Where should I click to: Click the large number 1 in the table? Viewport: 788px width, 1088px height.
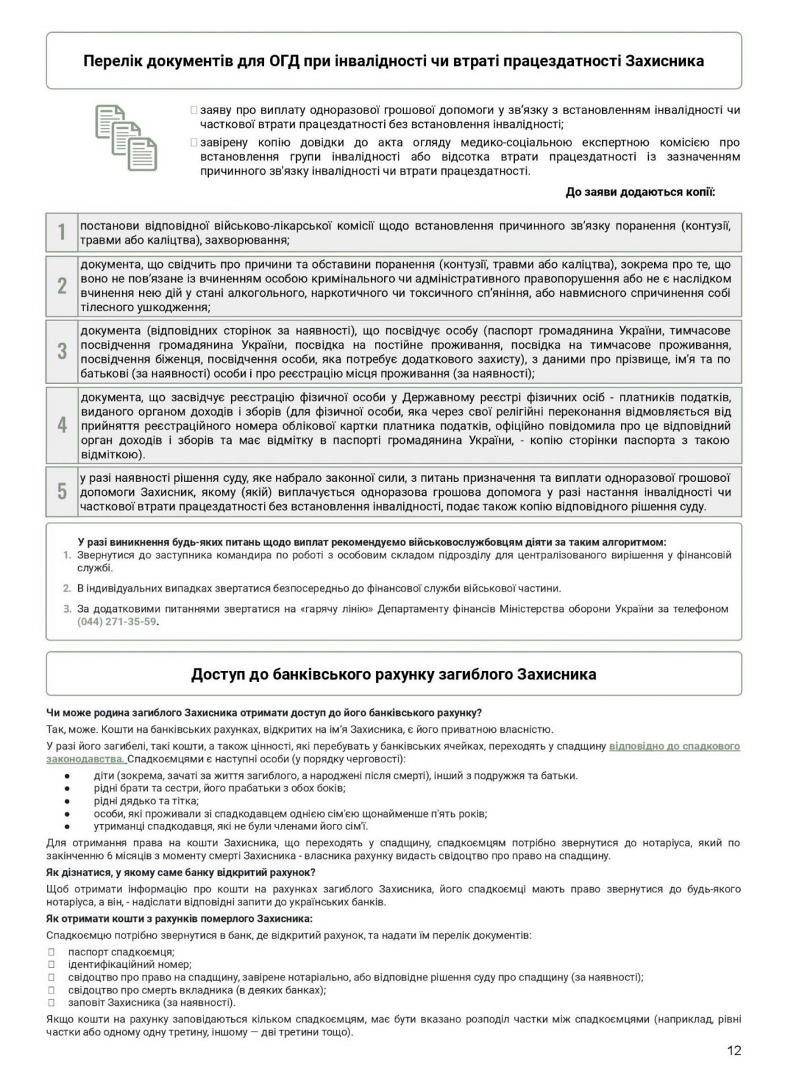[62, 232]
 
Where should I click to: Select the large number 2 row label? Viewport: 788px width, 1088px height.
[62, 286]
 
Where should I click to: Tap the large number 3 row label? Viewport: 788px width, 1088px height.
[62, 351]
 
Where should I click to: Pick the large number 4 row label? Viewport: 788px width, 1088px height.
[62, 425]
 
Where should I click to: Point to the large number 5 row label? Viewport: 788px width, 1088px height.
[62, 491]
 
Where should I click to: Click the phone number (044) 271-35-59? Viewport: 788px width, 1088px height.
[118, 621]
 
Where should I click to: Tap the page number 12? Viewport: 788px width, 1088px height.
[734, 1051]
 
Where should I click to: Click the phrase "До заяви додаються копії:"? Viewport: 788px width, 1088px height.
[640, 192]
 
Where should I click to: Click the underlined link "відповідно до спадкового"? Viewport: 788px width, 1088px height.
[674, 746]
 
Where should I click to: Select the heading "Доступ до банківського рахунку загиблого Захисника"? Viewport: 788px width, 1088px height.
[393, 674]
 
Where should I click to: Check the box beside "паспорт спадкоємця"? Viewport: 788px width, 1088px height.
[51, 951]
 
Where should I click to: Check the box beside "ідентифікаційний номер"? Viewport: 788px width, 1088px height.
[51, 965]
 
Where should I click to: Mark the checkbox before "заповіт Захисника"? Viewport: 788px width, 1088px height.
[51, 1003]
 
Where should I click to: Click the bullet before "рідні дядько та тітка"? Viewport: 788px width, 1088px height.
[67, 801]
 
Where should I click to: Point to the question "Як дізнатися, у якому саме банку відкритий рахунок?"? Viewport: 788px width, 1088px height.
[181, 873]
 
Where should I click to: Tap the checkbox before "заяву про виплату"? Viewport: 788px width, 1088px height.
[193, 110]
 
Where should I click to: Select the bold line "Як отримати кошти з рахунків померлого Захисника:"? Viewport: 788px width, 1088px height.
[179, 918]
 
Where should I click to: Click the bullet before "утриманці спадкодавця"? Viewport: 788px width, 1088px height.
[67, 827]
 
